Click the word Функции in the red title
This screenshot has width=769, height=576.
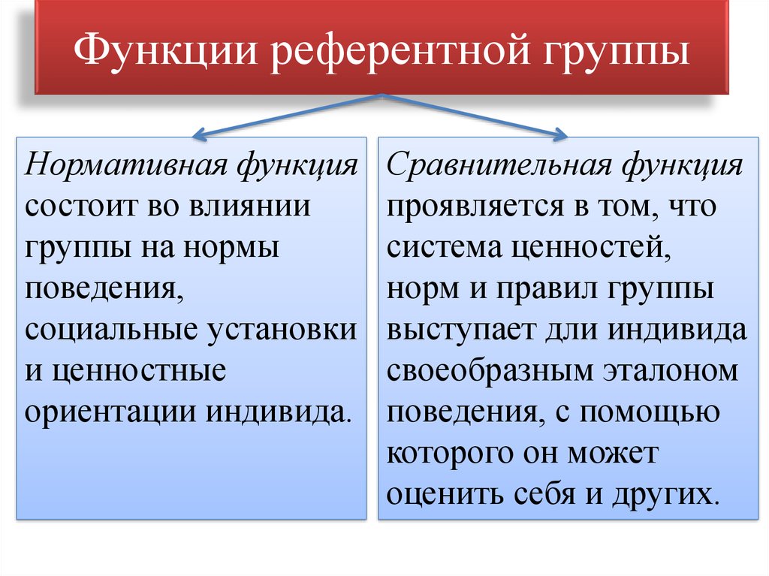166,51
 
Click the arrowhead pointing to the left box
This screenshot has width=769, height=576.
198,134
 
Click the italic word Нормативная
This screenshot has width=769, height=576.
126,164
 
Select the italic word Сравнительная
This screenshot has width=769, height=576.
499,164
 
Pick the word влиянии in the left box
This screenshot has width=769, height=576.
249,206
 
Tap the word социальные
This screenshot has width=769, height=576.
111,330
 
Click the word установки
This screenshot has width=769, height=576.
282,330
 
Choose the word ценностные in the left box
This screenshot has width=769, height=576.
139,372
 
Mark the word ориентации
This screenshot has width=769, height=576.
110,413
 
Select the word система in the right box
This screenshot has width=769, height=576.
445,248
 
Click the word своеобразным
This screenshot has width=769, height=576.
490,372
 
